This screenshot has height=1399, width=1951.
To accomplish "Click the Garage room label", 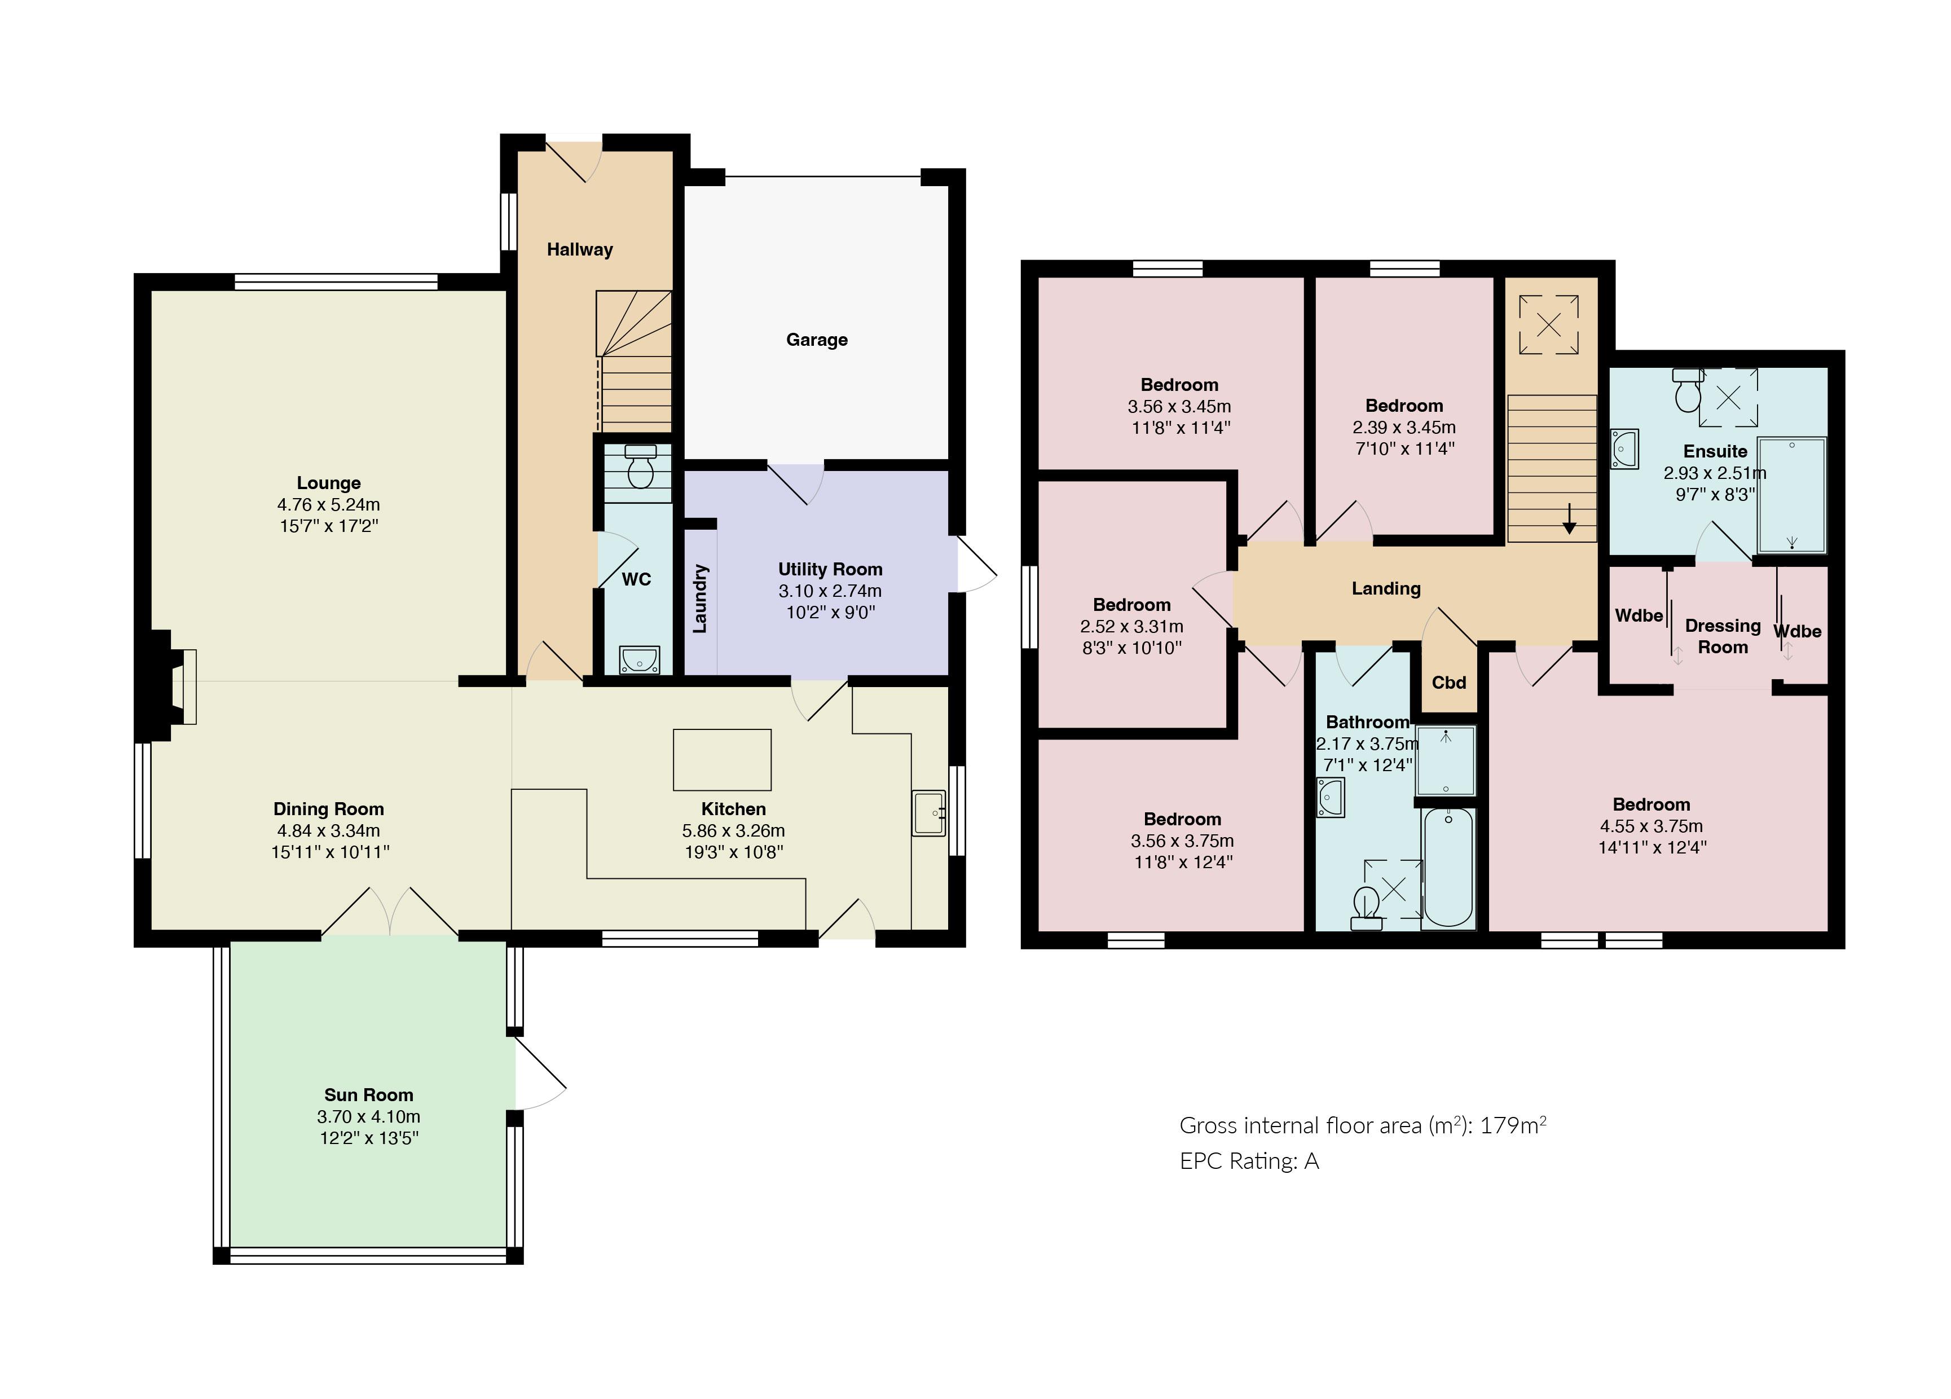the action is tap(816, 340).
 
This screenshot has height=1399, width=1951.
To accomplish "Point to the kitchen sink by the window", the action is tap(929, 813).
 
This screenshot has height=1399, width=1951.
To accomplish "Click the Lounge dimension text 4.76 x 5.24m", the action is tap(329, 504).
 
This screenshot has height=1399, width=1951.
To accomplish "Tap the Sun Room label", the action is tap(368, 1094).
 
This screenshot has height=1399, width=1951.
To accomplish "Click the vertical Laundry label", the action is tap(700, 599).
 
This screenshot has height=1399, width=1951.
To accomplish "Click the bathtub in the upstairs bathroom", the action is tap(1448, 867).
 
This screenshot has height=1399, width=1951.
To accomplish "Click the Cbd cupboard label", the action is tap(1448, 682).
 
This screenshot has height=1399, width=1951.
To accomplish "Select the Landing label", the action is tap(1386, 588).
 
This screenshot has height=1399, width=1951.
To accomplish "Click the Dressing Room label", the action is tap(1722, 636).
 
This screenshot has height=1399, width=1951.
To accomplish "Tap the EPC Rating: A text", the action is tap(1249, 1162).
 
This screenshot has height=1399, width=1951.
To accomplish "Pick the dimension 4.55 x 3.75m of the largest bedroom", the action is tap(1651, 826).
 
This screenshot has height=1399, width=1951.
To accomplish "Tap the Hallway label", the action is tap(580, 249).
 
